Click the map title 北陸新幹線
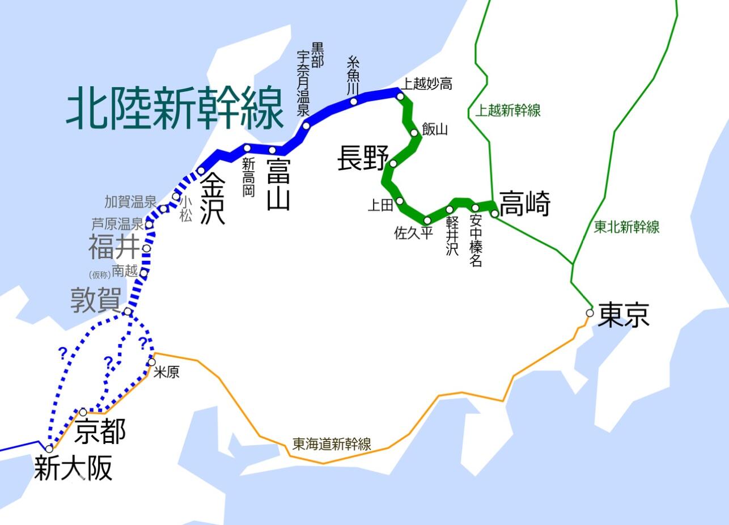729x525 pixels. pos(175,108)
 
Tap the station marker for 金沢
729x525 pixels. pos(201,171)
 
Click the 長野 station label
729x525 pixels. pos(363,158)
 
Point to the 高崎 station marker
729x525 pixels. pos(494,214)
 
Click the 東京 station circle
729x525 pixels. pos(590,313)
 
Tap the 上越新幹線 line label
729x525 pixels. pos(508,111)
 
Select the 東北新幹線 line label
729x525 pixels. pos(626,227)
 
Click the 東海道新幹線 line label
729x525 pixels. pos(332,444)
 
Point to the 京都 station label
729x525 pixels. pos(100,431)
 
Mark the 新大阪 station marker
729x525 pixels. pos(49,449)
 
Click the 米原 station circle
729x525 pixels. pos(151,362)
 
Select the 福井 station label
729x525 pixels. pos(113,247)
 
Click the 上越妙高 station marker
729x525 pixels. pos(400,96)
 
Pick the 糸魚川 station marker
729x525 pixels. pos(354,101)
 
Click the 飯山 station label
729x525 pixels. pos(435,129)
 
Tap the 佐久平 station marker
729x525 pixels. pos(427,220)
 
